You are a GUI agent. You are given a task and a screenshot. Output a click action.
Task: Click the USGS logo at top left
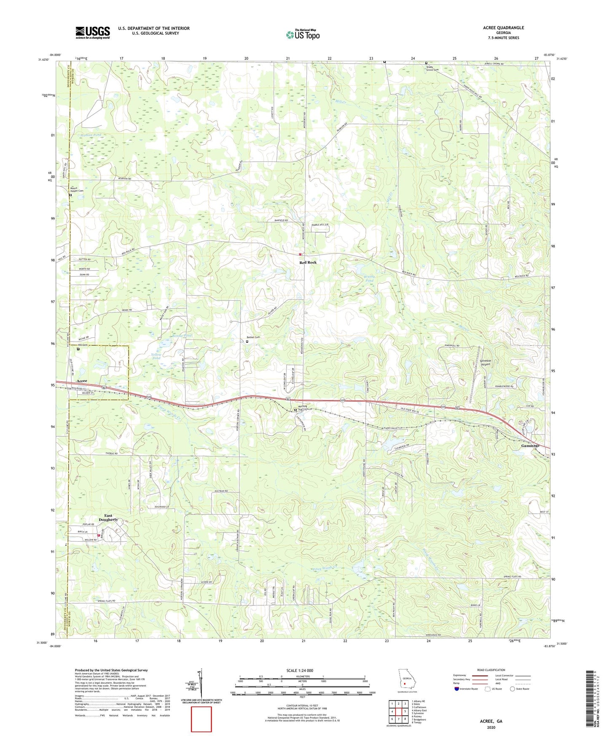(93, 32)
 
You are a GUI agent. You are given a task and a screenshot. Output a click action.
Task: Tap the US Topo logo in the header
(303, 35)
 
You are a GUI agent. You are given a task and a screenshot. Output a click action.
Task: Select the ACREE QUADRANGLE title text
(504, 28)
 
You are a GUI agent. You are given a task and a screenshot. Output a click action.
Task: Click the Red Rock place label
(308, 262)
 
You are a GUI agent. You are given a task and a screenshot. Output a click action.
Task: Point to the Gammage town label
(530, 446)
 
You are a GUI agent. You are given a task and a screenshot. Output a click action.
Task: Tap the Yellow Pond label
(156, 356)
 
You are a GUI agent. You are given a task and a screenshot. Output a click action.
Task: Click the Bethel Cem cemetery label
(253, 337)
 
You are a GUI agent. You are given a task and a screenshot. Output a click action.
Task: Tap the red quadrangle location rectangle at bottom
(201, 719)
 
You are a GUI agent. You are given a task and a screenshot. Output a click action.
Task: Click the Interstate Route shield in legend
(457, 689)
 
